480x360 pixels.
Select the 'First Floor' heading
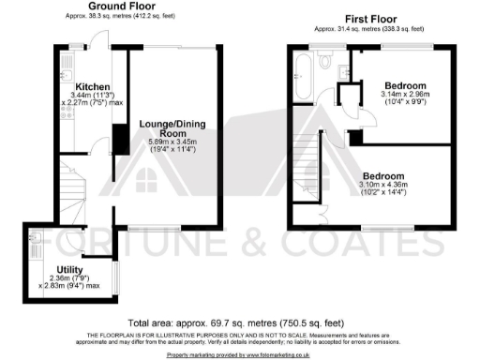368,19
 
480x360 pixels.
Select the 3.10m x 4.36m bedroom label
384,176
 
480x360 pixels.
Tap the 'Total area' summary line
239,321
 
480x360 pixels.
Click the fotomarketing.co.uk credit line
239,355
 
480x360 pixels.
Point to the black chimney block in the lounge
119,138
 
